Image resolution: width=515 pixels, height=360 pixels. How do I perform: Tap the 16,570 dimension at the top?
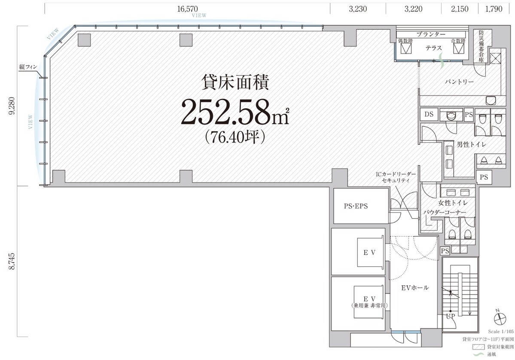(189, 8)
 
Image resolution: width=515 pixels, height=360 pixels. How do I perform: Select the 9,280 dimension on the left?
(11, 106)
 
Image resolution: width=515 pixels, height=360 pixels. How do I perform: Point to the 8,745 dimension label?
(11, 262)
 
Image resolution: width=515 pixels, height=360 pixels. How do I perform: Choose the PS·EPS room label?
(356, 206)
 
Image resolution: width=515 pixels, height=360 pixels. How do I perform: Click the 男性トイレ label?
(471, 145)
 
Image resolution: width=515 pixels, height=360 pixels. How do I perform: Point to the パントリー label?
(459, 81)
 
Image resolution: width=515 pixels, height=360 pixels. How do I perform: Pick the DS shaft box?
(429, 114)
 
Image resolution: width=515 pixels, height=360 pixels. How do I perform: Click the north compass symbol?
(500, 318)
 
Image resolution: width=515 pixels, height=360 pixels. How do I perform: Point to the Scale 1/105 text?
(501, 332)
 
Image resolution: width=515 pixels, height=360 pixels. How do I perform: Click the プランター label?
(430, 34)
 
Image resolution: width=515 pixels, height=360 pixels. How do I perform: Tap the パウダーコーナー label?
(444, 212)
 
